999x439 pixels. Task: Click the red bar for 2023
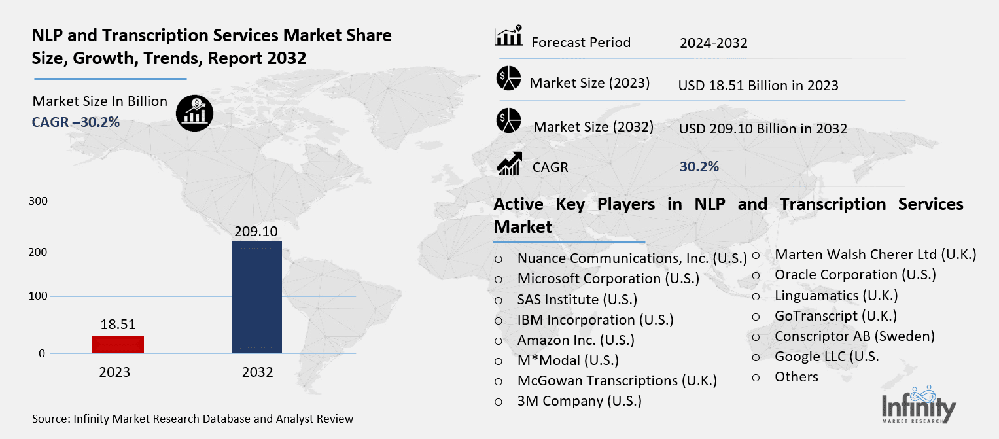118,344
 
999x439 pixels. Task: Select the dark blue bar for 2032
257,298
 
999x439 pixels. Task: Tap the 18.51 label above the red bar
118,324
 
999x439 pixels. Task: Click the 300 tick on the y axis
39,201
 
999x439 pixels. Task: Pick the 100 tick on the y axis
39,296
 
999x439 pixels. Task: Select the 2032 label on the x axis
257,372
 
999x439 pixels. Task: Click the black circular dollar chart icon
194,113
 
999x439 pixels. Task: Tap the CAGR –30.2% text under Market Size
76,122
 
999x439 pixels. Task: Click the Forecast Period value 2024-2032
713,44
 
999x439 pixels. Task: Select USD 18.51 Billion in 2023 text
758,86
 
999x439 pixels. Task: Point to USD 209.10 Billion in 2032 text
763,129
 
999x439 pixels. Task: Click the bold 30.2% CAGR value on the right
699,167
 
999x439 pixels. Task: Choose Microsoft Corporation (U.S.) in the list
608,279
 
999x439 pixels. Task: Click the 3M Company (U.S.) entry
579,400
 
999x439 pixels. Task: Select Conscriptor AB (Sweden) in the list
854,336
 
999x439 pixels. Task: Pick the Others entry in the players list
796,377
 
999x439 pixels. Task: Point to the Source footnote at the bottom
192,419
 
